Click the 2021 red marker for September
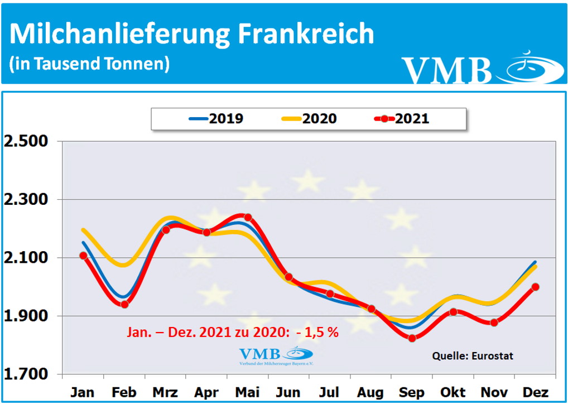[412, 338]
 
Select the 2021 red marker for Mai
[248, 217]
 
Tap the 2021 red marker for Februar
[124, 304]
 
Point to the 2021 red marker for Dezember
[535, 287]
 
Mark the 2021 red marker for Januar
[83, 256]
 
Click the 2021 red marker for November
[494, 323]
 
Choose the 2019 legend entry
[216, 118]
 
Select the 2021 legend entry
[402, 118]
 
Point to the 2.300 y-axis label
[27, 200]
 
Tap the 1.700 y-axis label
[27, 374]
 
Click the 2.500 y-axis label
[27, 141]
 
